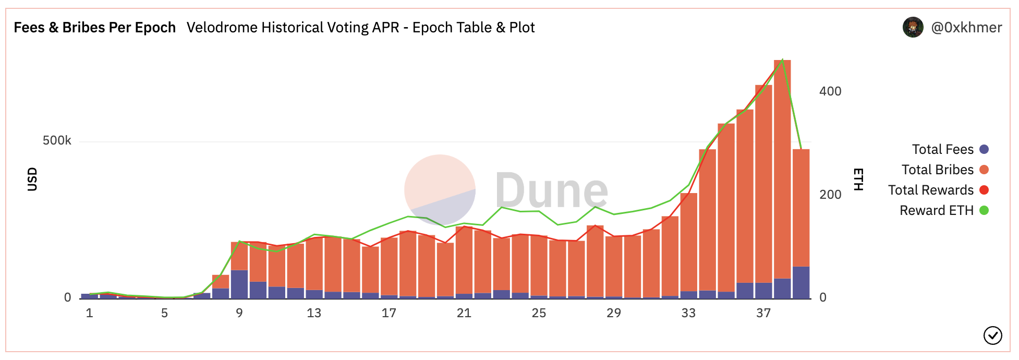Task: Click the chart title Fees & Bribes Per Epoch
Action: click(x=94, y=28)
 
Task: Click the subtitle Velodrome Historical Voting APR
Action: click(x=360, y=28)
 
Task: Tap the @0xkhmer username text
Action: click(x=966, y=28)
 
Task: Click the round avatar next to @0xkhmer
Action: click(x=913, y=28)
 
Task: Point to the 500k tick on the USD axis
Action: click(x=57, y=141)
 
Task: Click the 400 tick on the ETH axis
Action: click(x=830, y=91)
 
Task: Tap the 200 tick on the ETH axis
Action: click(x=830, y=195)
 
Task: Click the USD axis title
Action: click(x=32, y=179)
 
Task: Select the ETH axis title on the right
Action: click(x=858, y=179)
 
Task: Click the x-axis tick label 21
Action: click(x=464, y=313)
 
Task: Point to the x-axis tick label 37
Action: click(x=763, y=313)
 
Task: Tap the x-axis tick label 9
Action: click(x=239, y=313)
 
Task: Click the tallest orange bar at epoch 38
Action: click(x=782, y=167)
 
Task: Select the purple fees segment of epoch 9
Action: click(x=239, y=284)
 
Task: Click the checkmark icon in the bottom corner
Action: click(x=992, y=335)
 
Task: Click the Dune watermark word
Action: click(x=551, y=190)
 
